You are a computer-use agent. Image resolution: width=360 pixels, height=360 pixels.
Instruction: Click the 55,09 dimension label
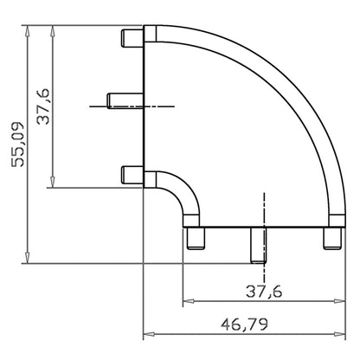click(x=17, y=145)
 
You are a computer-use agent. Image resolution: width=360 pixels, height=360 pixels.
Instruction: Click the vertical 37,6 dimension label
click(x=43, y=106)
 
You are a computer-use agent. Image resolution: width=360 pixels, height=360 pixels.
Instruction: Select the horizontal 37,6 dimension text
click(x=264, y=292)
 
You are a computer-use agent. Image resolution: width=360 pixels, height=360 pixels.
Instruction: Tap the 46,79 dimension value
click(x=244, y=325)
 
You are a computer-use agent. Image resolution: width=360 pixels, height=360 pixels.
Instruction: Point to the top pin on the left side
click(x=132, y=38)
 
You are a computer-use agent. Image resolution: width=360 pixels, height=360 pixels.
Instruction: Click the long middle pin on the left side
click(x=125, y=100)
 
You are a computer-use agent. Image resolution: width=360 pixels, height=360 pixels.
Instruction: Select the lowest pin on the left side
click(x=132, y=175)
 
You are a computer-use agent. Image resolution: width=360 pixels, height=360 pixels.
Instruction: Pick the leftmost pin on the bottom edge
click(x=196, y=238)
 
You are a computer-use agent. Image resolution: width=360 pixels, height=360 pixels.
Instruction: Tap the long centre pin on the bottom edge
click(x=258, y=245)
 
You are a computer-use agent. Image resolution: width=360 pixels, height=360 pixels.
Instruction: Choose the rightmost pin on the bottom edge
click(x=332, y=238)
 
